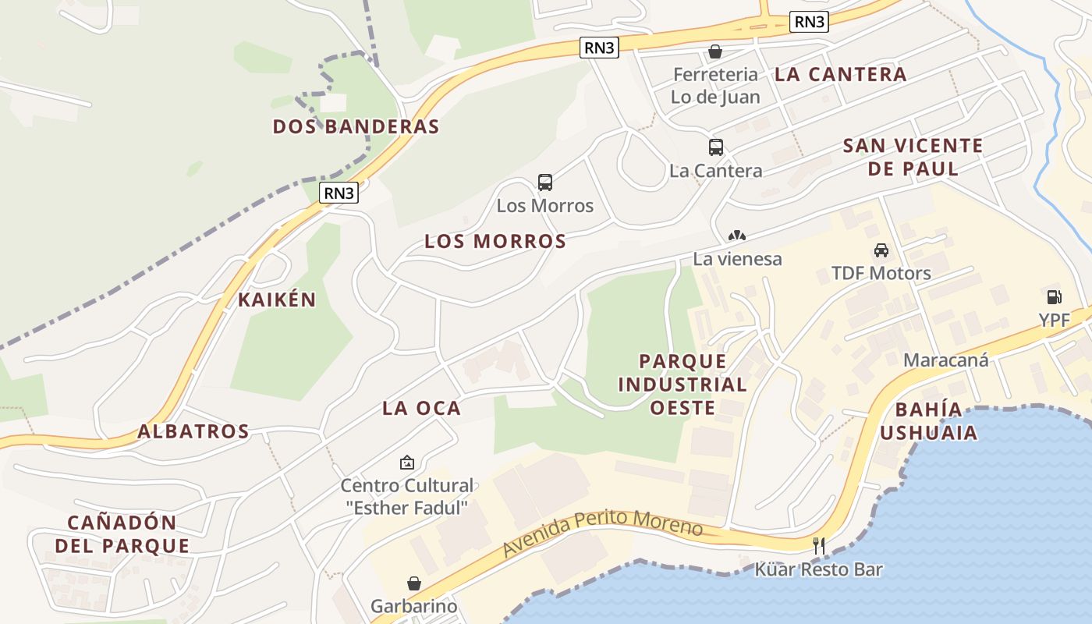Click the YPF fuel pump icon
click(1054, 296)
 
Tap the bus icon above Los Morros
click(545, 183)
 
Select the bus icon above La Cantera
click(715, 147)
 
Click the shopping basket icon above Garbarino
click(414, 583)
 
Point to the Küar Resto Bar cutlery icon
click(819, 545)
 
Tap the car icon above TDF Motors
click(881, 250)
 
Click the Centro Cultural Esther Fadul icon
click(406, 463)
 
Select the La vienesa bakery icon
click(737, 235)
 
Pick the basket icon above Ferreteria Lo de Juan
click(714, 51)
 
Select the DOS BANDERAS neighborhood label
click(356, 126)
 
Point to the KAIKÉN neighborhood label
click(277, 300)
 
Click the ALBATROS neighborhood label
click(193, 431)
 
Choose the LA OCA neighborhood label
click(421, 408)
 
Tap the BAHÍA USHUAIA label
click(936, 421)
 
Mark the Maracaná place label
click(945, 360)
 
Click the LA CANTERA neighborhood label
click(840, 75)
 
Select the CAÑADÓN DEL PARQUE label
click(122, 534)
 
